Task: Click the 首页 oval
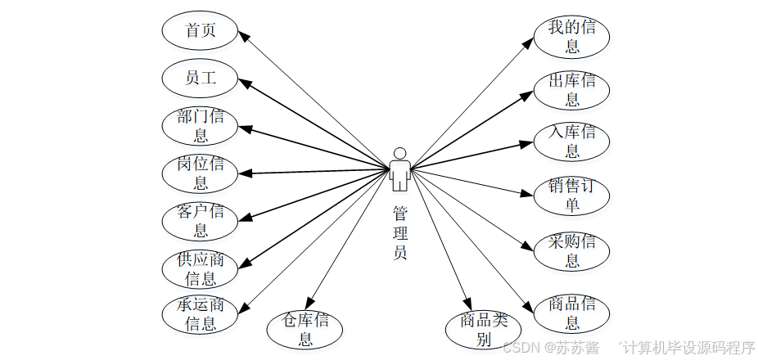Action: pos(200,32)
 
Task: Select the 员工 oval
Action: pos(200,79)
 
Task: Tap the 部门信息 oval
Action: pos(200,125)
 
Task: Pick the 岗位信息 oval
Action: pos(200,173)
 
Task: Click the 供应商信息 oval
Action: pos(200,269)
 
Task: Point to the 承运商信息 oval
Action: pos(200,315)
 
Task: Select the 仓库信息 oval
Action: pos(305,329)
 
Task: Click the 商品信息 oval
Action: pos(571,314)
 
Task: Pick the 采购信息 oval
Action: pos(571,251)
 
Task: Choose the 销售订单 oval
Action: pos(571,195)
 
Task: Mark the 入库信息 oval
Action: pos(571,141)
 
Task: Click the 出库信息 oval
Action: pos(571,89)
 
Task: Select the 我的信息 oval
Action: pos(571,38)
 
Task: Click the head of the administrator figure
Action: pos(399,153)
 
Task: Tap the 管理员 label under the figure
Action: pos(399,233)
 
